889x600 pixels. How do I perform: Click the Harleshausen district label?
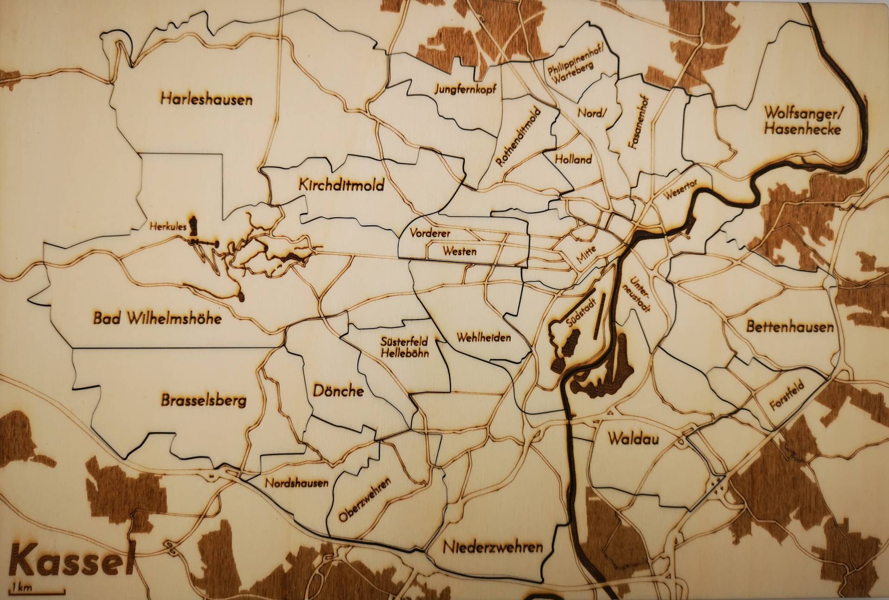coord(207,99)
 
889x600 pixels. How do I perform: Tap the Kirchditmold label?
coord(342,186)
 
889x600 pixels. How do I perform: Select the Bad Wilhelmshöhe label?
coord(157,318)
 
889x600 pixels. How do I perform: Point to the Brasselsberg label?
coord(204,400)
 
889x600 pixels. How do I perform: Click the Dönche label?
coord(338,391)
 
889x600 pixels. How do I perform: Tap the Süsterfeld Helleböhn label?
coord(404,347)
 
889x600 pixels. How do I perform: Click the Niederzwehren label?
coord(493,548)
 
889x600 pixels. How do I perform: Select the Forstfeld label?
coord(787,396)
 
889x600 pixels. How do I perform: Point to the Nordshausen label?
coord(296,483)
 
